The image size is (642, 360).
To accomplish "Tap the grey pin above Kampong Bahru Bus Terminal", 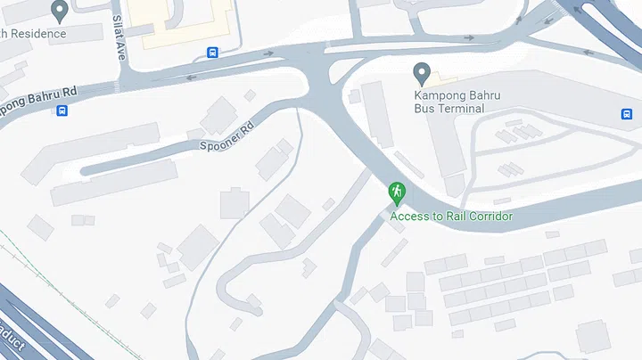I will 423,73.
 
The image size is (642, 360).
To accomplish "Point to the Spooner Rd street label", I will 226,138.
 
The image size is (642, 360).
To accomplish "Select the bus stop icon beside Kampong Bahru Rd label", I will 62,111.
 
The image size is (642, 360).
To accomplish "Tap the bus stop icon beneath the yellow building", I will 212,53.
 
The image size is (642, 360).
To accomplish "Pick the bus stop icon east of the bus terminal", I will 626,114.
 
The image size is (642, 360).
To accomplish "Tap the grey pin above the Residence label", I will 60,11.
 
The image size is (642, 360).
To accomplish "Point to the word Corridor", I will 488,217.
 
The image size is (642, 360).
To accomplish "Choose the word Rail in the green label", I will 449,217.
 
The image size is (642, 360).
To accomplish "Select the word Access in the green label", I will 408,217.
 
